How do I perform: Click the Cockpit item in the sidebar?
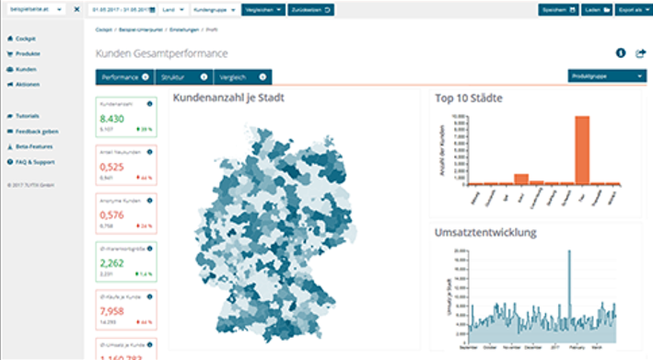click(x=26, y=39)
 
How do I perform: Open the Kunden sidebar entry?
click(x=26, y=70)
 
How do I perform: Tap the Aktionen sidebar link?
click(x=27, y=85)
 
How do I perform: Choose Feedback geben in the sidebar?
click(x=36, y=132)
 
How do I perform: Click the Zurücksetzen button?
click(x=311, y=10)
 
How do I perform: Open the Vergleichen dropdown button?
click(x=263, y=10)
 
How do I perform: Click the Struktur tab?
click(x=184, y=77)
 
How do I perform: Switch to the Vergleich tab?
click(x=243, y=77)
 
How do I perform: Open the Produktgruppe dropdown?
click(x=607, y=77)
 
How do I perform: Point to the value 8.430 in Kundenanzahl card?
click(x=110, y=119)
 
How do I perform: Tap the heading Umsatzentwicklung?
click(x=485, y=233)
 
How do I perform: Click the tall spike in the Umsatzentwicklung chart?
click(x=569, y=283)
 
